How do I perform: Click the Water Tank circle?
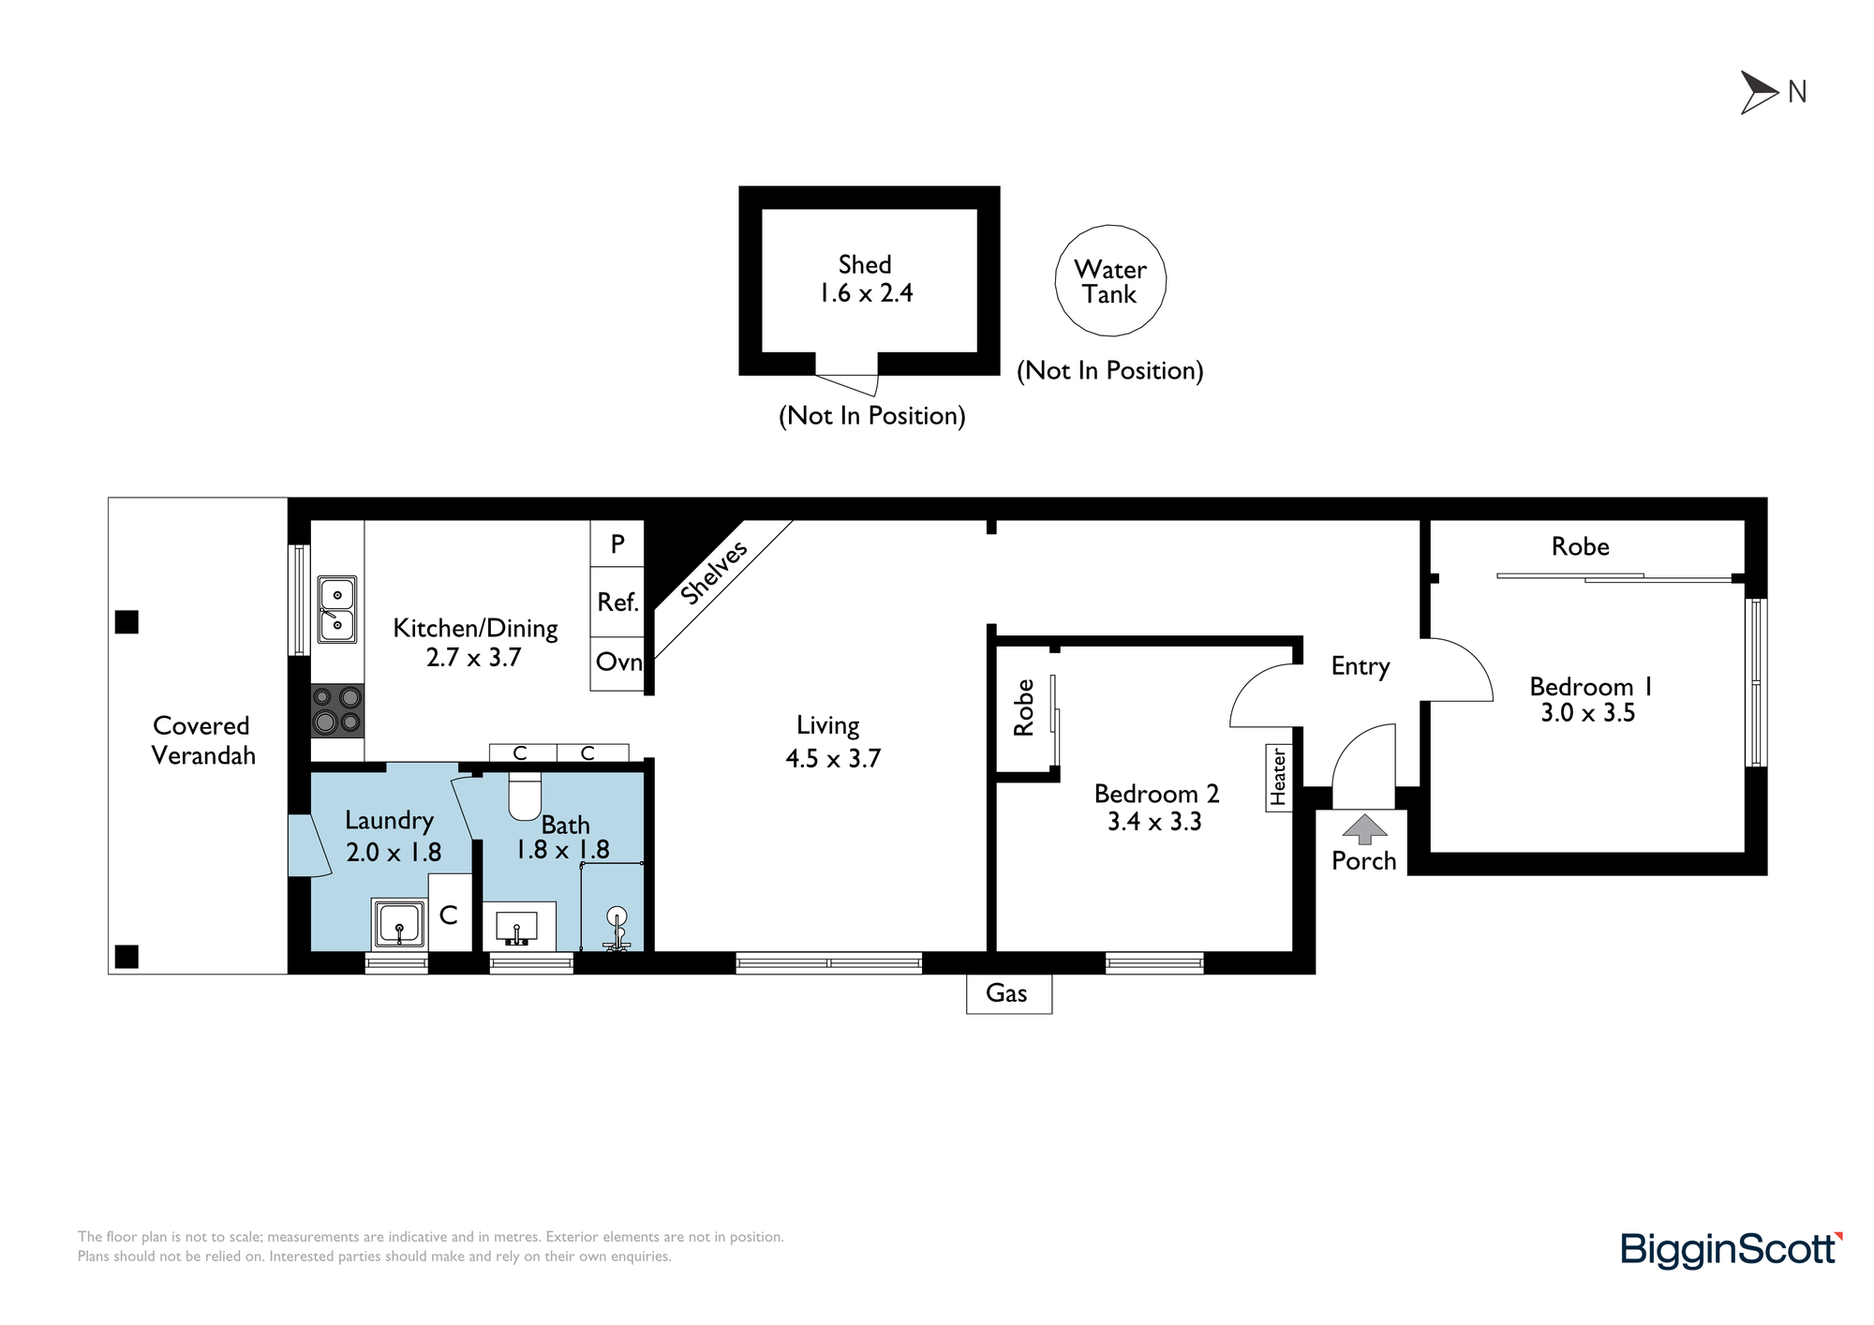pyautogui.click(x=1110, y=228)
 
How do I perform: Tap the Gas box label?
pyautogui.click(x=1008, y=993)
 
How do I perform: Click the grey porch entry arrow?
pyautogui.click(x=1364, y=829)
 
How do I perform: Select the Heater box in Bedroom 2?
pyautogui.click(x=1279, y=777)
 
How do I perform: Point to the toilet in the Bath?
pyautogui.click(x=525, y=796)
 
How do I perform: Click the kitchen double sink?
pyautogui.click(x=337, y=609)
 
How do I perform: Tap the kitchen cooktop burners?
pyautogui.click(x=337, y=710)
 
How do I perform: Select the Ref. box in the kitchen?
pyautogui.click(x=617, y=602)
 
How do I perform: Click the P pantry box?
pyautogui.click(x=617, y=543)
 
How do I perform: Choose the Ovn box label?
pyautogui.click(x=619, y=662)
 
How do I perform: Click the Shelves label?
pyautogui.click(x=714, y=573)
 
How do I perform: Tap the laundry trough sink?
pyautogui.click(x=400, y=923)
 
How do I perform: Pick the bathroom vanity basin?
pyautogui.click(x=517, y=927)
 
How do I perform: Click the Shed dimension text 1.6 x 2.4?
pyautogui.click(x=866, y=293)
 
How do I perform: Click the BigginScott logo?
pyautogui.click(x=1732, y=1250)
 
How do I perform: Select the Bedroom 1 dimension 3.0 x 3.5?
pyautogui.click(x=1588, y=713)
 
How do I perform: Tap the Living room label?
pyautogui.click(x=828, y=726)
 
